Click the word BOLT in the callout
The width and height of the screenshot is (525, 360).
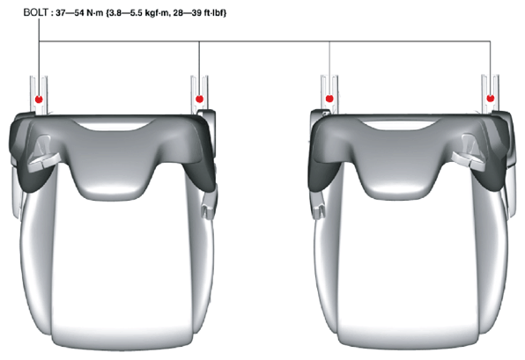pos(35,12)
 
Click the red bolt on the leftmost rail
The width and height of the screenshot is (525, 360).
pos(39,99)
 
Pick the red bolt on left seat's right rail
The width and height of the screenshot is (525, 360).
pos(200,99)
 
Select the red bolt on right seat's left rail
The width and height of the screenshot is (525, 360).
pos(329,99)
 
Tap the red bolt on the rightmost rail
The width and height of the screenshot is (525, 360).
pos(491,98)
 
